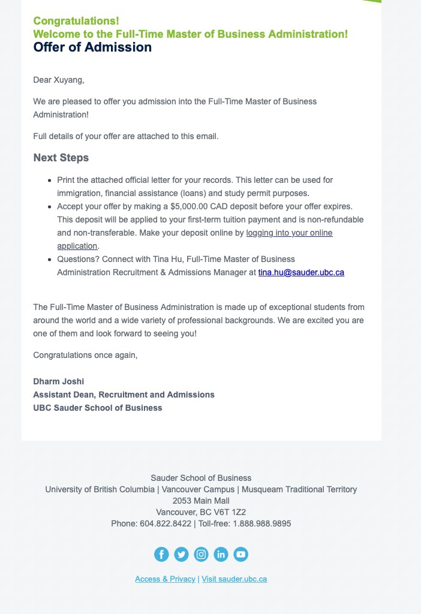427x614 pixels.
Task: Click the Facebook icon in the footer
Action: (x=161, y=555)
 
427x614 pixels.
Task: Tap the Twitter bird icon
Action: (x=181, y=555)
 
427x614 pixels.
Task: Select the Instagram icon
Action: (x=201, y=555)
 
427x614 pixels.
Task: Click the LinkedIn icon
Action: (x=221, y=555)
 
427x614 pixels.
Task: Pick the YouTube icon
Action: (x=240, y=555)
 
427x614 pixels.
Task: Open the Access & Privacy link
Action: (x=165, y=579)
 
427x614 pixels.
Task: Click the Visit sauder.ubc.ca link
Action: (x=234, y=579)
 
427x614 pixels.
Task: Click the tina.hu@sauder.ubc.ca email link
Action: (x=301, y=272)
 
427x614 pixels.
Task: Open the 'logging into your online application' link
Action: (x=289, y=233)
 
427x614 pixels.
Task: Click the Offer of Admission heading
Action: (x=92, y=47)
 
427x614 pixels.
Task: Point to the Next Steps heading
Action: (x=61, y=158)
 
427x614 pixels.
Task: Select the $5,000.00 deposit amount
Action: (x=190, y=206)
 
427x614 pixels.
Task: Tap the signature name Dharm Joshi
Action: (x=58, y=381)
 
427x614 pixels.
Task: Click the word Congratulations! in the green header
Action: (x=76, y=22)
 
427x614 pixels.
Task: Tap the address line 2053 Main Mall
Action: (x=201, y=501)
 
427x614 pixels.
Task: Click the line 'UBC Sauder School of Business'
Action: (x=97, y=408)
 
